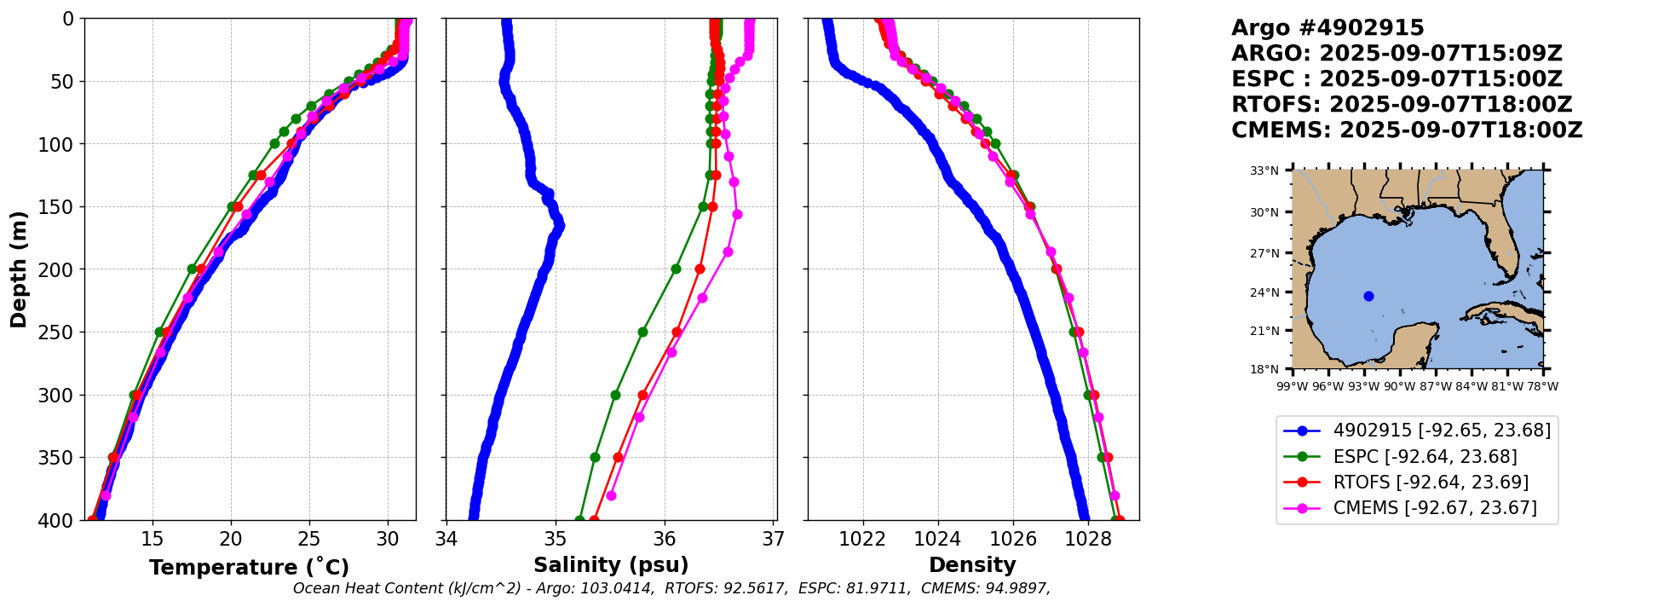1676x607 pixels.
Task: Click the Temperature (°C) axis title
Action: pos(249,568)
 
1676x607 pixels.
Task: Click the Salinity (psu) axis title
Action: pos(611,565)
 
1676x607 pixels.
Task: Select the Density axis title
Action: pos(972,565)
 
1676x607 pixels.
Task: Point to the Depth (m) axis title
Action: pos(19,269)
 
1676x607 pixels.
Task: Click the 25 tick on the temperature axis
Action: pos(309,539)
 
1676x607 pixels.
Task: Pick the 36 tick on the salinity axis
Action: pos(665,539)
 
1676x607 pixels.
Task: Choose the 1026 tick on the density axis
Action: pos(1013,539)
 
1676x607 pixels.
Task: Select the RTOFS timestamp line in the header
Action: pos(1402,105)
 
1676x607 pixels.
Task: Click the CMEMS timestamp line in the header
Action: pos(1407,130)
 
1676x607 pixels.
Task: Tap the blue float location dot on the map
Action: pos(1368,296)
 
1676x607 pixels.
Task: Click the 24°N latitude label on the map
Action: pos(1264,292)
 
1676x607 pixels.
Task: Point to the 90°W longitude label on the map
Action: pos(1399,386)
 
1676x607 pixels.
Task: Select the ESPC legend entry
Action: pos(1425,457)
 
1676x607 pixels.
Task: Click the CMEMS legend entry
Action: pos(1435,508)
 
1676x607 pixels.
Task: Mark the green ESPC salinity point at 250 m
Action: pos(642,332)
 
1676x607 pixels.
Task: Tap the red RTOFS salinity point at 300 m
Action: pos(643,395)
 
